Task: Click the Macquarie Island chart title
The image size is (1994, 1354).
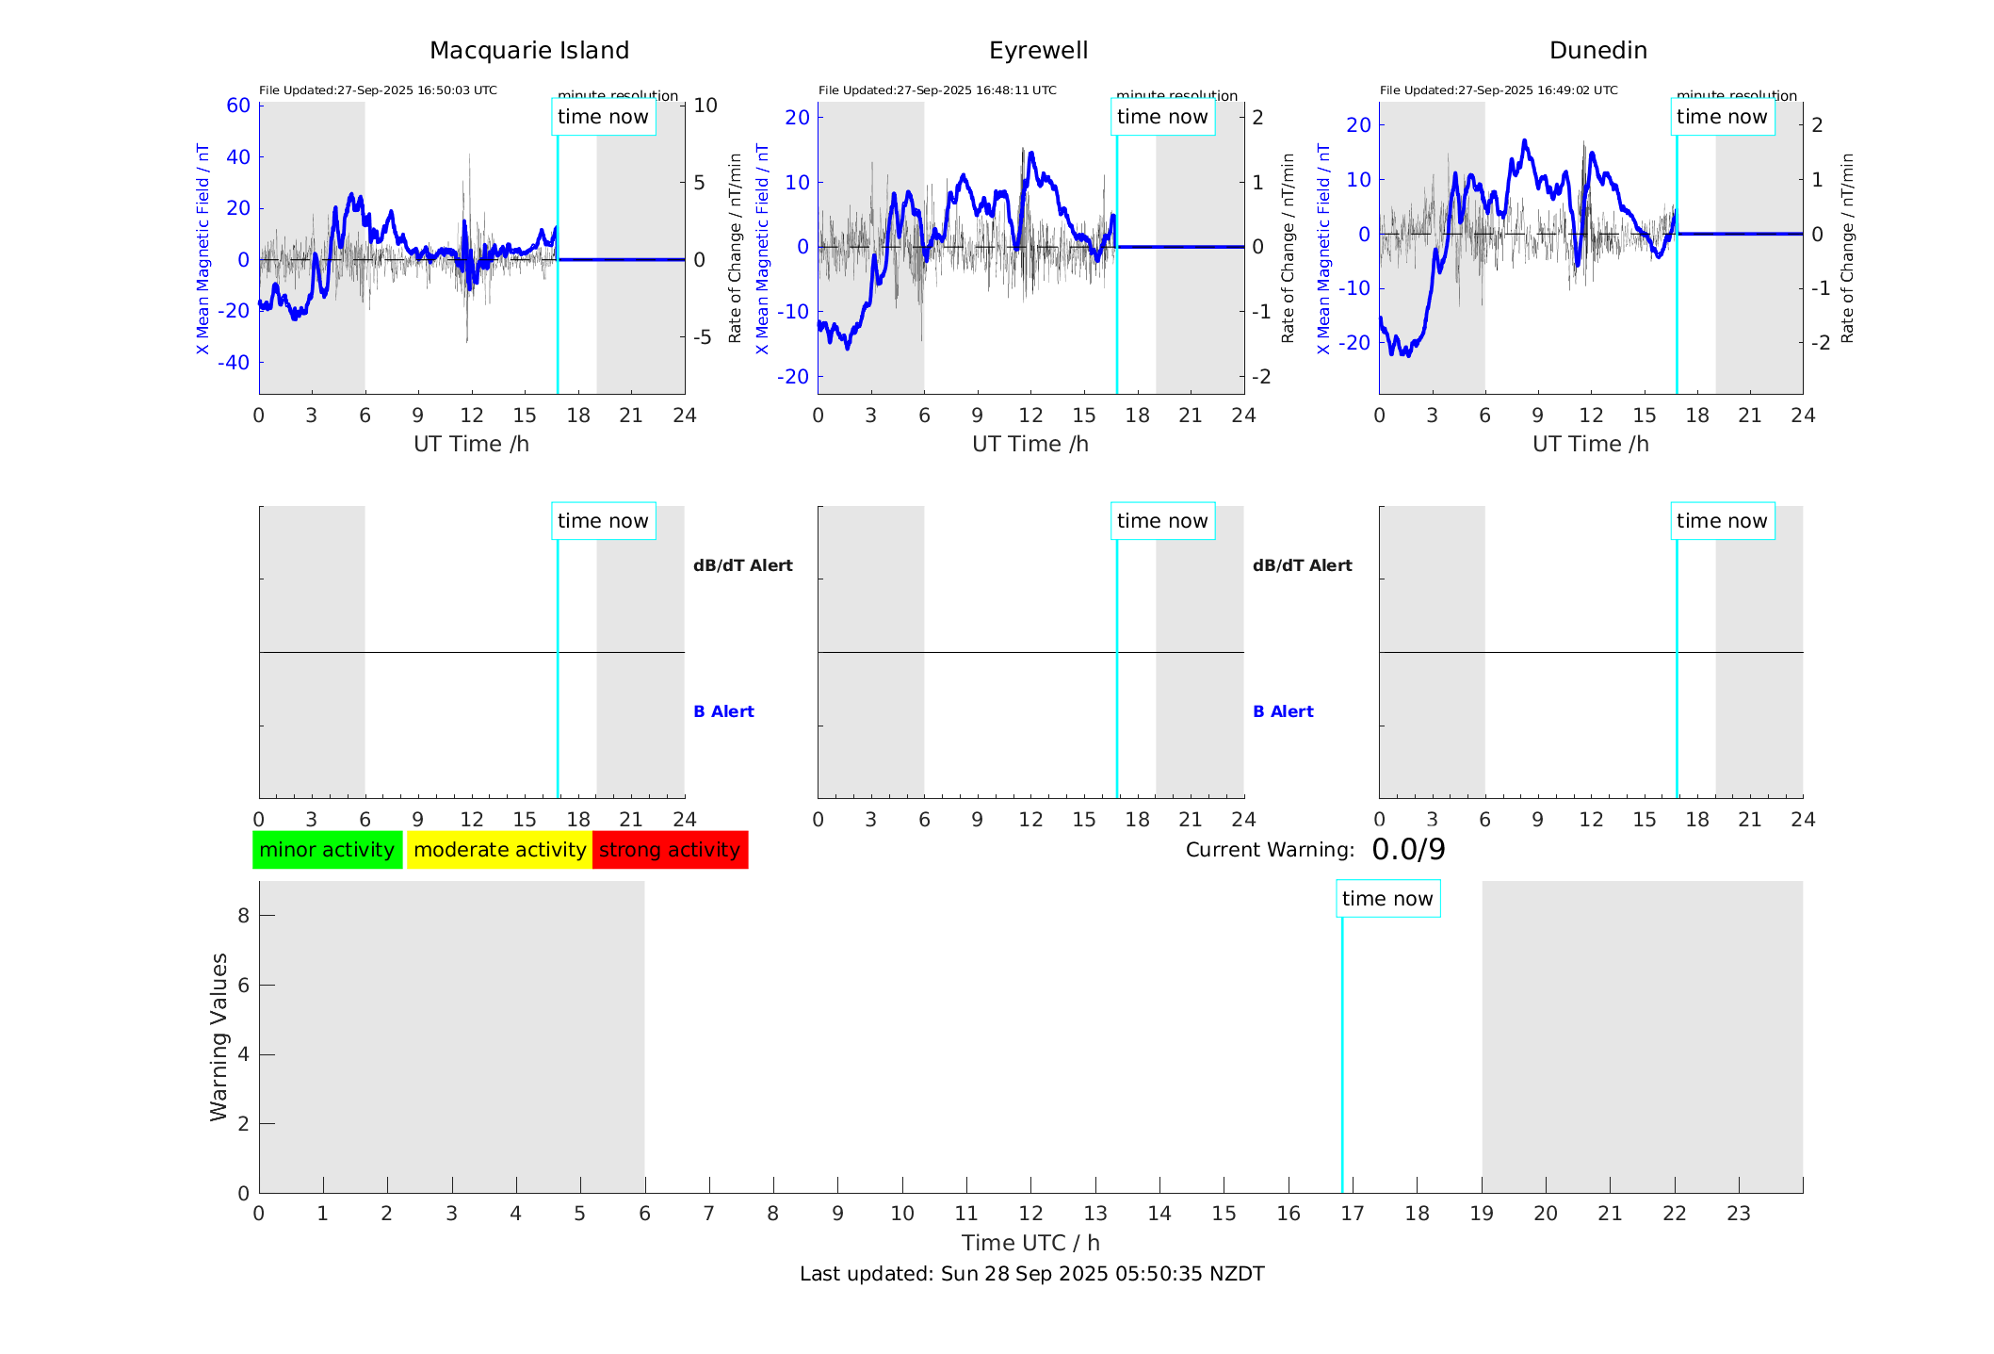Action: [528, 51]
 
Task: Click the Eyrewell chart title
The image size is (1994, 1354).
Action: [1038, 51]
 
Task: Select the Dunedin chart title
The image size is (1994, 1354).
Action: [1597, 51]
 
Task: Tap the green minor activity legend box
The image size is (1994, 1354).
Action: [327, 850]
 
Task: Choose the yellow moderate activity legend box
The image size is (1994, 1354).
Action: [499, 850]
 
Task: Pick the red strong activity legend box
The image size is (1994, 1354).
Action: [670, 850]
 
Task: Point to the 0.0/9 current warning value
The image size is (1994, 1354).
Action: [1408, 850]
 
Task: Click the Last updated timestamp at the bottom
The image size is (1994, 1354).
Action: [1031, 1274]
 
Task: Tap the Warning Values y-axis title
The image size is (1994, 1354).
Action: [219, 1036]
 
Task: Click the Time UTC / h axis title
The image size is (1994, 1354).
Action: [1030, 1243]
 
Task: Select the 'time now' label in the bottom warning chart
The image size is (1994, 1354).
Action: [1387, 899]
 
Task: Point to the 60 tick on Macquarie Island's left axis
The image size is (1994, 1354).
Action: [238, 106]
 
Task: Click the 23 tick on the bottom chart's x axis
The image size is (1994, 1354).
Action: [1738, 1214]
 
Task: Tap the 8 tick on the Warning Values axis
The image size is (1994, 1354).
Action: [243, 915]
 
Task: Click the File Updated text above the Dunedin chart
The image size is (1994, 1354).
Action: [1499, 90]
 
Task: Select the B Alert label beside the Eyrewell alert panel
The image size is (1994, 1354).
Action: [1283, 711]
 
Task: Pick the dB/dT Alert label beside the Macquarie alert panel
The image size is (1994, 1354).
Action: [742, 565]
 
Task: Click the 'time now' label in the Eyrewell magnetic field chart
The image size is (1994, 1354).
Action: [1162, 117]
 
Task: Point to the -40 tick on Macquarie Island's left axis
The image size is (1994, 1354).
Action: [234, 363]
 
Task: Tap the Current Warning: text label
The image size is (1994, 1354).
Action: [1270, 850]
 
